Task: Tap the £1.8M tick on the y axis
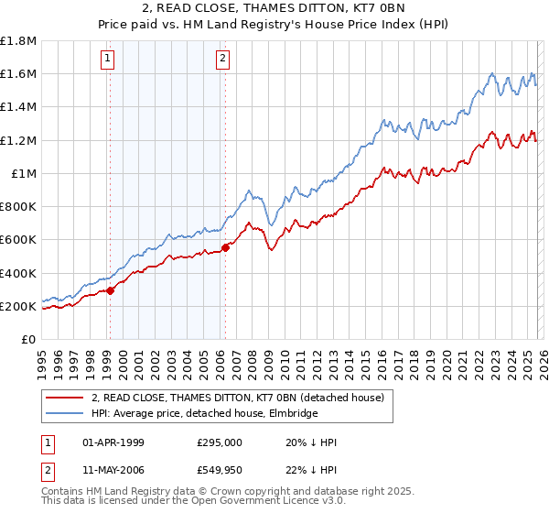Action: point(18,41)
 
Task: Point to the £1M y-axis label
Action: point(23,174)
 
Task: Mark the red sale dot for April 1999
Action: point(110,290)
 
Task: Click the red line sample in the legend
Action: point(65,397)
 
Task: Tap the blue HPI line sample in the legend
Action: point(65,413)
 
